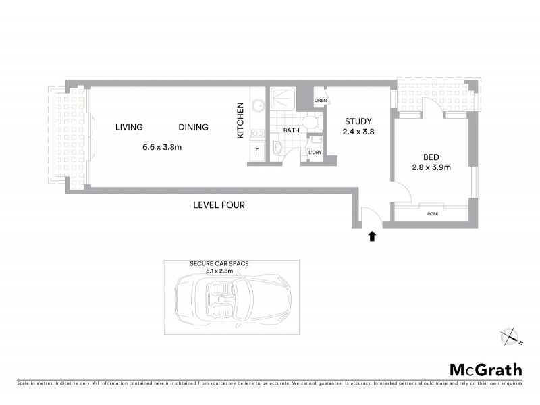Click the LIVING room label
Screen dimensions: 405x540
pos(129,127)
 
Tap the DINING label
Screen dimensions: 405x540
pos(193,127)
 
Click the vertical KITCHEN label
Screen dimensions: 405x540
pos(240,121)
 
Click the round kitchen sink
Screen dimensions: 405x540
pos(257,106)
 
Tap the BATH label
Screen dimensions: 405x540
pos(291,130)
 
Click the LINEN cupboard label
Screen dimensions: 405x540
pos(321,101)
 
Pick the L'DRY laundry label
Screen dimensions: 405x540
pos(315,153)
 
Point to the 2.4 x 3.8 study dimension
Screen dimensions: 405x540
pos(357,132)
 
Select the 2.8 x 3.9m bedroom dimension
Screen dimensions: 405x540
pos(431,166)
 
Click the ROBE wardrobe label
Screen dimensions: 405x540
pos(433,213)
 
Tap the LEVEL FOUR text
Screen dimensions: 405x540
pos(219,205)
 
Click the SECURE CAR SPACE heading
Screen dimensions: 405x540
pos(219,264)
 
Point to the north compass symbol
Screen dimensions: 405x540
pos(508,335)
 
